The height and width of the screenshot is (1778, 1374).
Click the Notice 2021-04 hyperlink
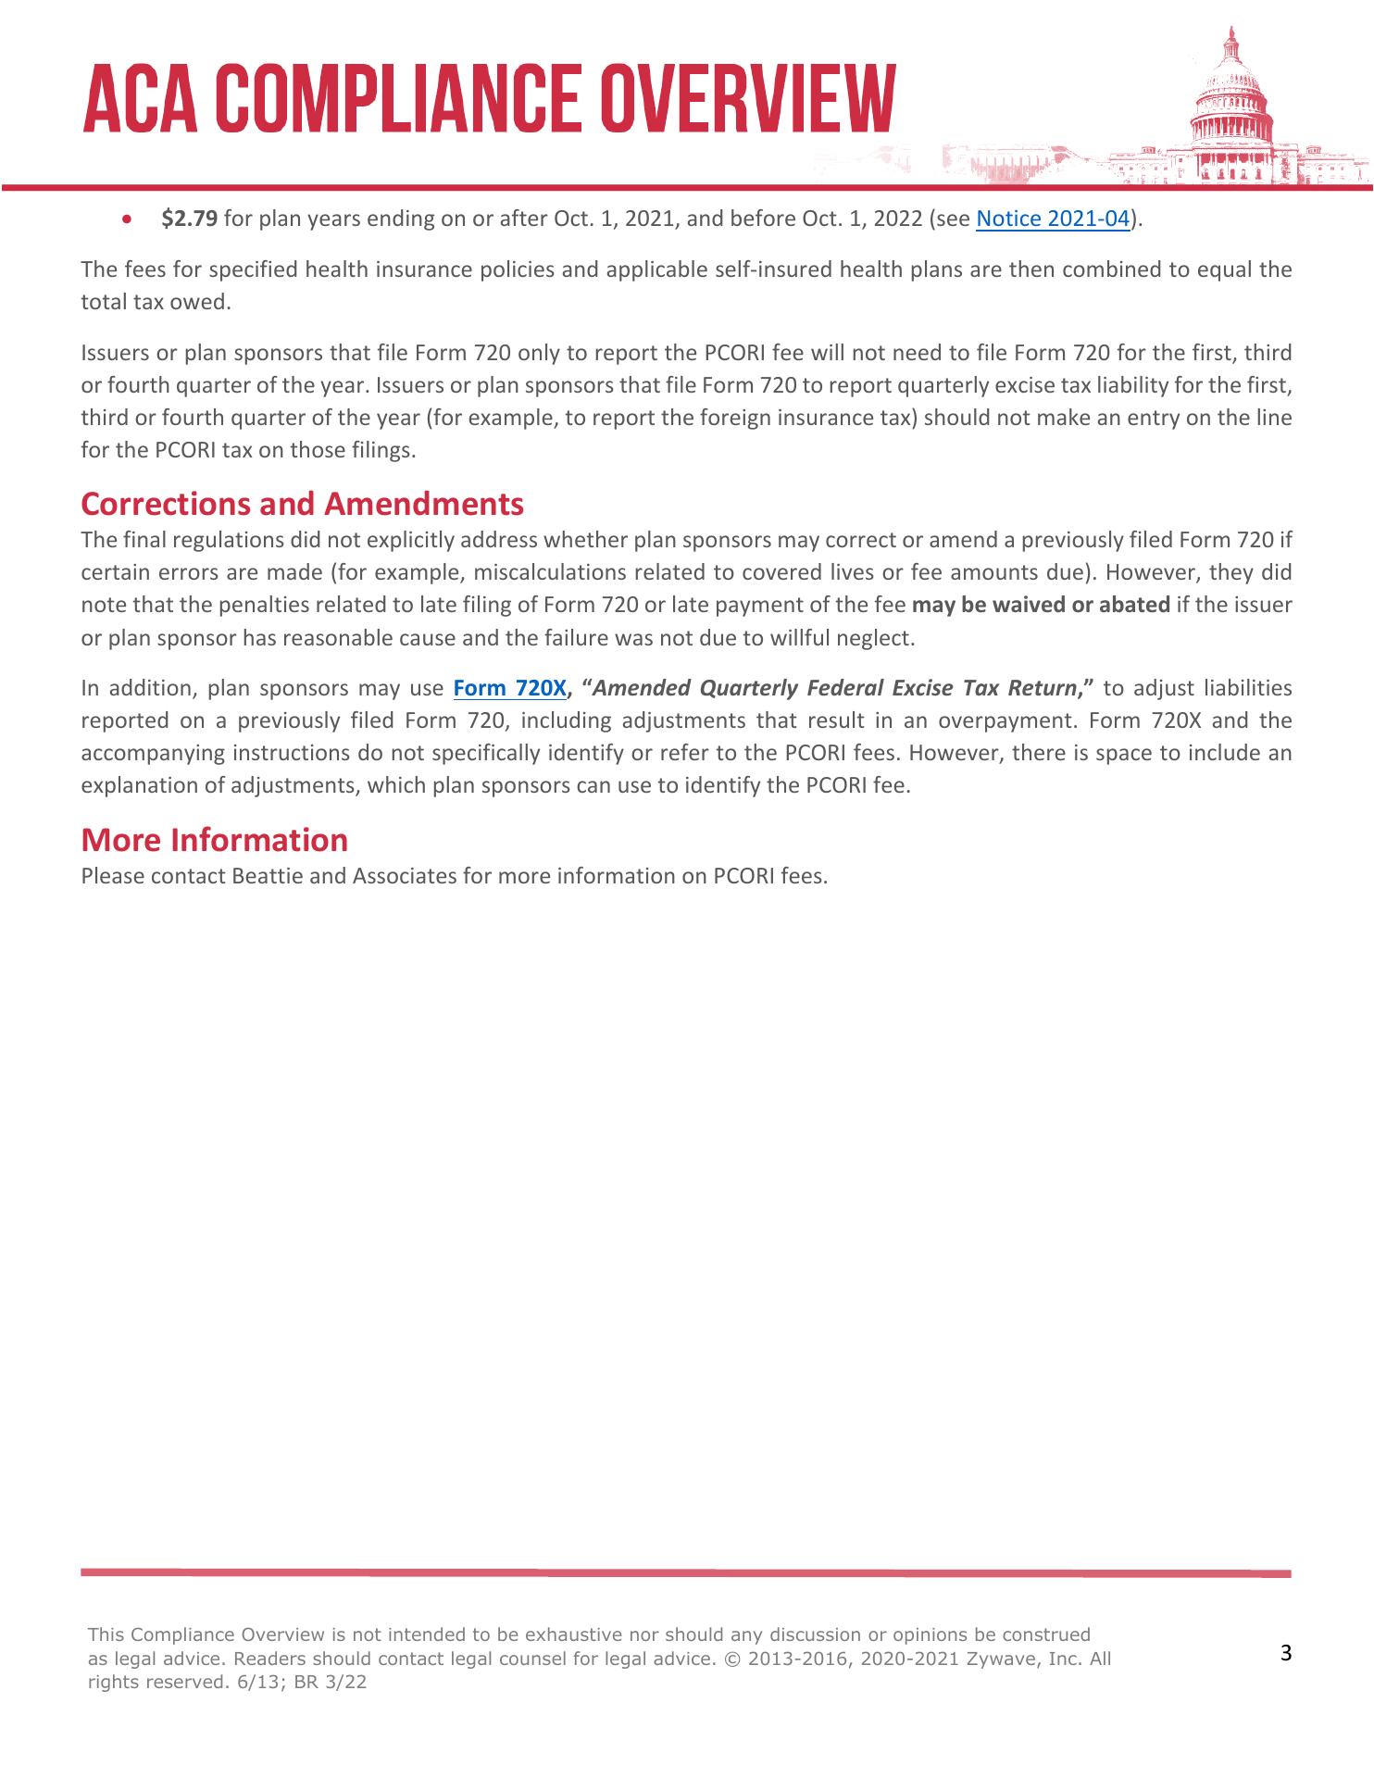coord(1054,219)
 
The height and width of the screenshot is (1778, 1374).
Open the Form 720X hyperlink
coord(508,688)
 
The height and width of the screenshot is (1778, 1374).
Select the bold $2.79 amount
coord(189,219)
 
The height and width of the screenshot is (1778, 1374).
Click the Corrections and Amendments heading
coord(302,504)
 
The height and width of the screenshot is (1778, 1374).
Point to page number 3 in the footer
coord(1285,1653)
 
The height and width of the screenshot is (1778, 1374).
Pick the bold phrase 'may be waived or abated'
coord(1041,605)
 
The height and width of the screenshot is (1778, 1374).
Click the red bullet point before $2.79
coord(128,220)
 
